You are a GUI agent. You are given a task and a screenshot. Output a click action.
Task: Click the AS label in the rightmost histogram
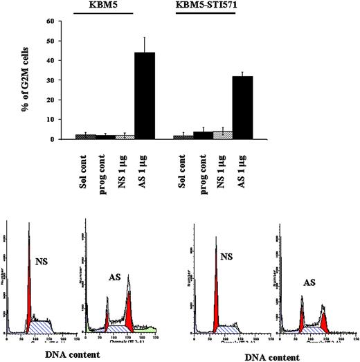[312, 283]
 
